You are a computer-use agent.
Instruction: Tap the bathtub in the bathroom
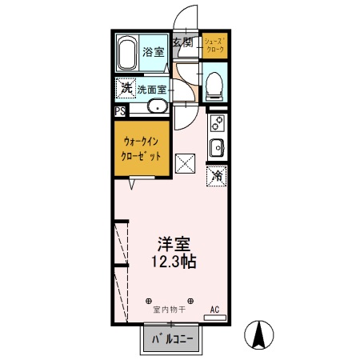(127, 54)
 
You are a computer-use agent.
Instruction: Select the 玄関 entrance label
(182, 42)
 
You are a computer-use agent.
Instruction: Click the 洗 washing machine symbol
(126, 87)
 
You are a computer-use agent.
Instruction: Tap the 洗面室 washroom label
(151, 90)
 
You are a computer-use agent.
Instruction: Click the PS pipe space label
(119, 112)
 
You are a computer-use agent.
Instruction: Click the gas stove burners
(216, 123)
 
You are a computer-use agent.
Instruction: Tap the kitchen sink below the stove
(216, 147)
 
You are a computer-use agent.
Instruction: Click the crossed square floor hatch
(186, 162)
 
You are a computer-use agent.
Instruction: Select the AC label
(214, 308)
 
